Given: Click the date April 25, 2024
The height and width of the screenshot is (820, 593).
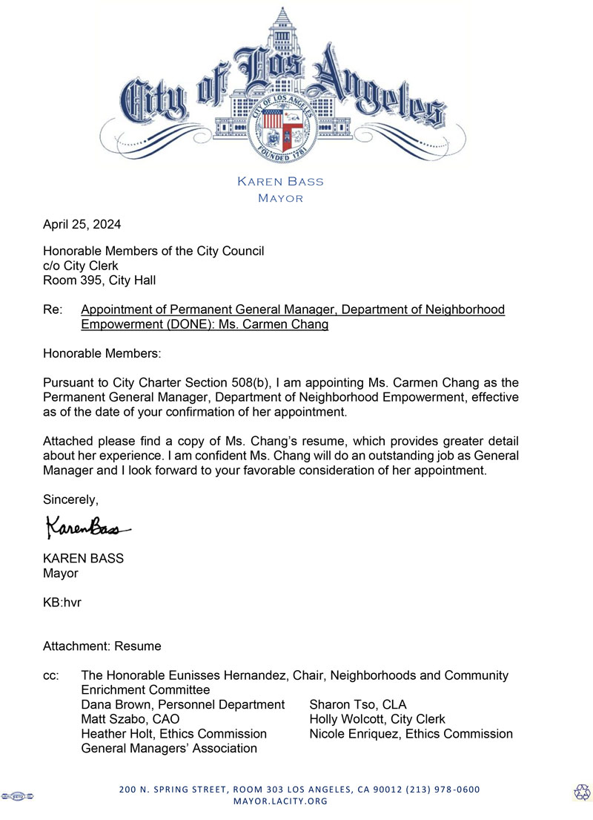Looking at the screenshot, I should (82, 224).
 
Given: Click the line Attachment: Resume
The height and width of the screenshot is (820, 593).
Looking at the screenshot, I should (102, 646).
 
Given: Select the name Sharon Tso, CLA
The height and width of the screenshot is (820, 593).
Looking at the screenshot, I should (358, 704).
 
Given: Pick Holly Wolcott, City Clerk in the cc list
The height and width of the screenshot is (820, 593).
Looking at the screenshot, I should (377, 719).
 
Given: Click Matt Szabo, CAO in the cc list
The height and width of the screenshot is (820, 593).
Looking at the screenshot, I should (130, 719).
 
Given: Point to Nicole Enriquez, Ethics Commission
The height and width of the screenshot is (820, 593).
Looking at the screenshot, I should (411, 734).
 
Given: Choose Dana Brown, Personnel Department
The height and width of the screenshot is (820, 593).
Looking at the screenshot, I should (182, 704).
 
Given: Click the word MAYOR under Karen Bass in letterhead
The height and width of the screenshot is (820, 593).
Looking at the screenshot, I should (280, 198).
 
